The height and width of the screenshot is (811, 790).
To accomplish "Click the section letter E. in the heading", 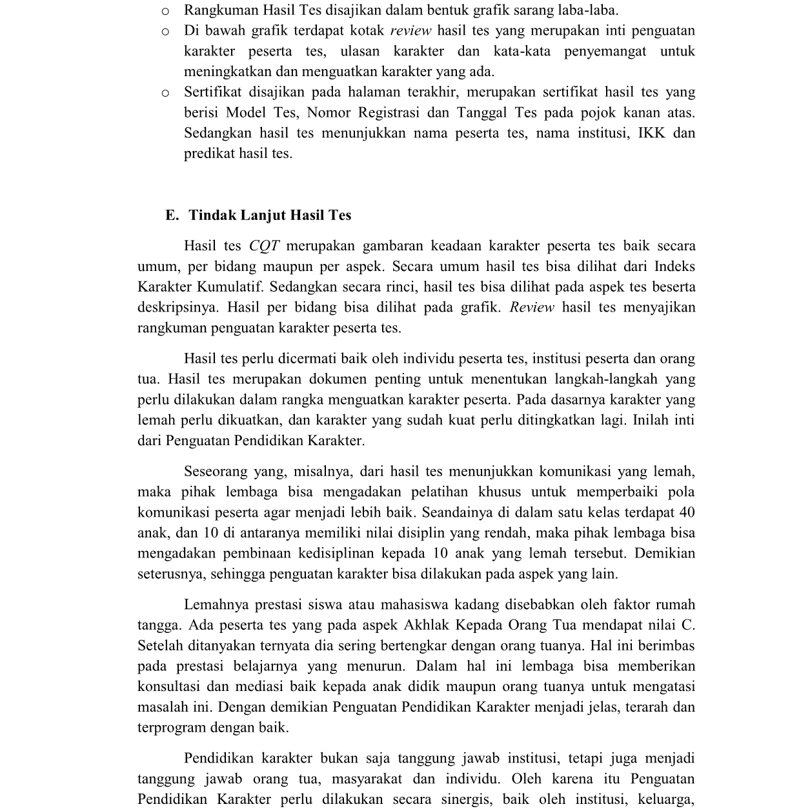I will (172, 215).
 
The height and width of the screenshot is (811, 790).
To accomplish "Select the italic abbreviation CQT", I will (264, 246).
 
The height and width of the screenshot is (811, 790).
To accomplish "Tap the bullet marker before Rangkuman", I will (165, 11).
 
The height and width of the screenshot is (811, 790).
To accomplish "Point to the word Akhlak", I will (427, 626).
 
